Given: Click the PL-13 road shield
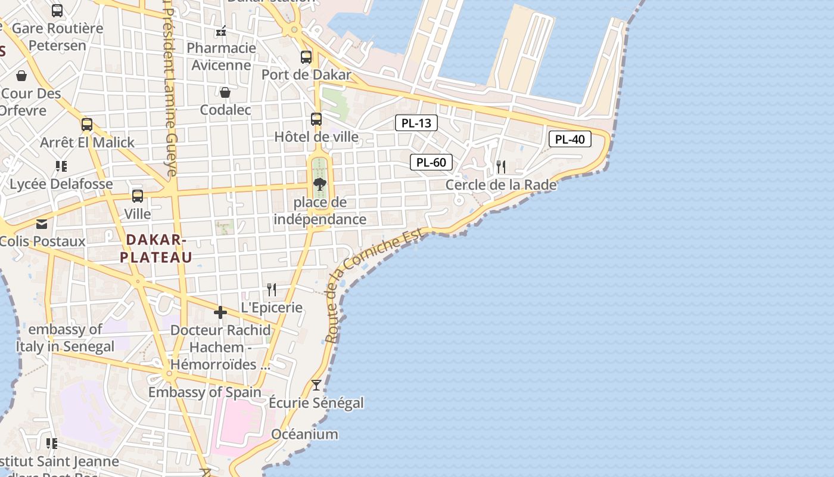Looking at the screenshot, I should coord(416,123).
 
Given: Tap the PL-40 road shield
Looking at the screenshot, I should coord(570,140).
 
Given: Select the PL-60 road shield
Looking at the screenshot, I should coord(431,162).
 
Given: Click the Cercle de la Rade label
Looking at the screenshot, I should coord(501,185).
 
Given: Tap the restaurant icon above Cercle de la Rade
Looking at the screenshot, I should coord(501,166).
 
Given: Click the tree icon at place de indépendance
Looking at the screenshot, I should coord(320,184).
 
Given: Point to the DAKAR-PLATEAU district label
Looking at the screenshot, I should coord(156,248).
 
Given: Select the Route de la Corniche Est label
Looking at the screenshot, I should coord(375,286).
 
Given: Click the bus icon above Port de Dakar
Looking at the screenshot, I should coord(306,57).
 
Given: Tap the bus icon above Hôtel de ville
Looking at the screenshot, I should coord(316,119).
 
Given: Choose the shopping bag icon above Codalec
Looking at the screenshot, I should coord(225,92).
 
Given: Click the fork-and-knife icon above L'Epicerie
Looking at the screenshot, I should coord(272,290).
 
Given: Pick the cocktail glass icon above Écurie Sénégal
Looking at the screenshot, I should coord(316,385).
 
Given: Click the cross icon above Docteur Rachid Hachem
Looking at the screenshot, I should coord(220,312).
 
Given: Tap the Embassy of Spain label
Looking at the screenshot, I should coord(204,392).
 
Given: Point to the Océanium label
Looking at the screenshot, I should coord(304,434).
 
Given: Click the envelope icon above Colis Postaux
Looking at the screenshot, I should coord(42,224).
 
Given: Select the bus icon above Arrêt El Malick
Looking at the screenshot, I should coord(87,125).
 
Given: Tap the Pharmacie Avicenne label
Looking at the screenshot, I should coord(222,56).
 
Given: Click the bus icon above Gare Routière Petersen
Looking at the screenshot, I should coord(57,10).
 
